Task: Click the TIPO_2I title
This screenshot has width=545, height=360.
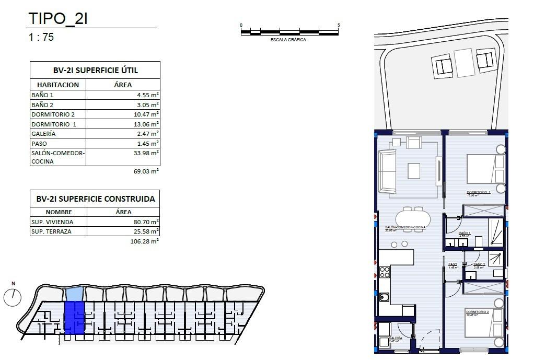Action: click(58, 18)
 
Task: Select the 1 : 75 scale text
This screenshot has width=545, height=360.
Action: click(41, 38)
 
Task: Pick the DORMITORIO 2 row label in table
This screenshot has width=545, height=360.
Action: click(53, 114)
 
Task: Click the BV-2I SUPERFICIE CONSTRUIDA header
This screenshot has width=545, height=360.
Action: click(95, 199)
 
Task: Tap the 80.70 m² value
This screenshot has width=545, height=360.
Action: click(146, 222)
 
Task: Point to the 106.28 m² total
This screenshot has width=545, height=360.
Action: click(144, 241)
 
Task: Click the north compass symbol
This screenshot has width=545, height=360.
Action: click(12, 297)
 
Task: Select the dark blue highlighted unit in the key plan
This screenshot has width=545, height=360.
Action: click(74, 318)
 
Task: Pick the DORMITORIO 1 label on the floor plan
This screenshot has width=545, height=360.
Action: click(478, 193)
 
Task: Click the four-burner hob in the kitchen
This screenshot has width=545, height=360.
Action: click(384, 272)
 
